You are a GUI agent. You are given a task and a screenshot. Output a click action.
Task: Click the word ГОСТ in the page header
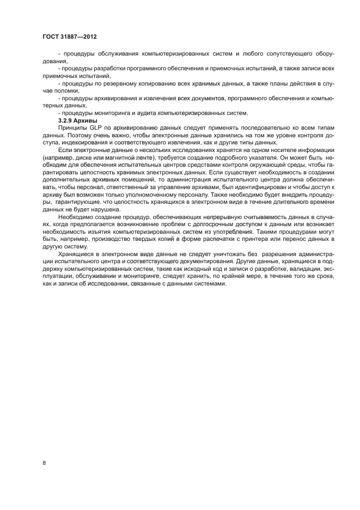pos(51,38)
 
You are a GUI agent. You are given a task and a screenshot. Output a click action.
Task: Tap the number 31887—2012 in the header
pos(81,38)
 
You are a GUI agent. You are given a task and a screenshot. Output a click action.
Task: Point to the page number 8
pos(44,463)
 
